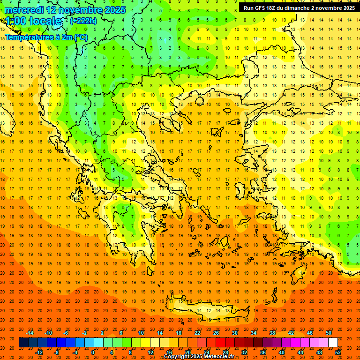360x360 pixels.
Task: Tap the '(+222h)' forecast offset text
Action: click(83, 21)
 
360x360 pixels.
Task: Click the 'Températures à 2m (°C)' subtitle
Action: click(46, 37)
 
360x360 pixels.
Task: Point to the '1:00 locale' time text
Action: click(34, 21)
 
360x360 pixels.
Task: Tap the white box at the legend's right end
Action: click(333, 343)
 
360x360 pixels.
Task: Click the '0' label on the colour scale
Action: click(93, 352)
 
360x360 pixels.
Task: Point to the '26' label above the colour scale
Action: click(216, 333)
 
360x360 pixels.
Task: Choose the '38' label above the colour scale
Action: click(272, 333)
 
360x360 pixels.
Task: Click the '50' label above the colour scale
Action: click(328, 333)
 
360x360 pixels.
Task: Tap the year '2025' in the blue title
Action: click(112, 10)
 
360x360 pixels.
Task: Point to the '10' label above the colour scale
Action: click(141, 333)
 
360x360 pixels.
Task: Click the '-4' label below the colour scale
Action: click(75, 352)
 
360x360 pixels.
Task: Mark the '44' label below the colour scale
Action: click(300, 352)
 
